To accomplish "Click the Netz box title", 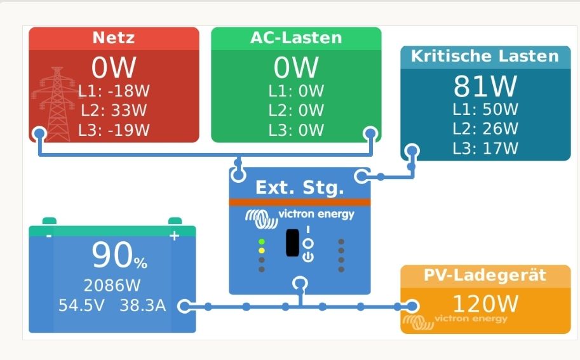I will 114,37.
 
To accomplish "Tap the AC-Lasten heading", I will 295,37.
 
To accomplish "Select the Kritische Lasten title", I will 485,56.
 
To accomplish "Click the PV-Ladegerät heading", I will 485,276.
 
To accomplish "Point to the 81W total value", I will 485,85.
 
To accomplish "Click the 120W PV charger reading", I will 485,303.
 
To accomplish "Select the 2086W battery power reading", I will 112,284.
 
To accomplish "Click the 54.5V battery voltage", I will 82,305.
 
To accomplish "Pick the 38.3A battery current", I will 142,305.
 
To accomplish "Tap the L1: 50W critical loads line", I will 485,109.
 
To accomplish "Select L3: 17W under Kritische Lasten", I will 485,149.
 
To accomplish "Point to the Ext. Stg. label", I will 299,188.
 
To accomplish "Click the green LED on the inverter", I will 262,242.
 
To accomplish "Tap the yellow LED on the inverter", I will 262,251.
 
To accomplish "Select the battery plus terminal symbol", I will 174,236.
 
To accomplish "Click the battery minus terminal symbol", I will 48,236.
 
